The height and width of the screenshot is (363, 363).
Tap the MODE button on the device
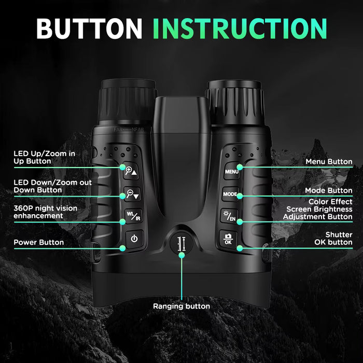coord(230,194)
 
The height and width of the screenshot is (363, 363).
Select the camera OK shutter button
coord(229,238)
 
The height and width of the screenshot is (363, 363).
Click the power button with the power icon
coord(134,239)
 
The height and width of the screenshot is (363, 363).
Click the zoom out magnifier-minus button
coord(133,194)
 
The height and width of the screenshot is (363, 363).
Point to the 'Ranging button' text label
coord(181,306)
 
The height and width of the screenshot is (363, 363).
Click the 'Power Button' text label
coord(38,242)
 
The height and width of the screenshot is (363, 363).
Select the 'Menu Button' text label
coord(329,162)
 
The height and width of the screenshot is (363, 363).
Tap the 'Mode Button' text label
coord(329,190)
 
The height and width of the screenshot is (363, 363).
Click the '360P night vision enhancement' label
coord(45,212)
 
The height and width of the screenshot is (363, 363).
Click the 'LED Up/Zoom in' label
coord(44,157)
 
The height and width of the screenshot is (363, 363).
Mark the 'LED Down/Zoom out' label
coord(52,186)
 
